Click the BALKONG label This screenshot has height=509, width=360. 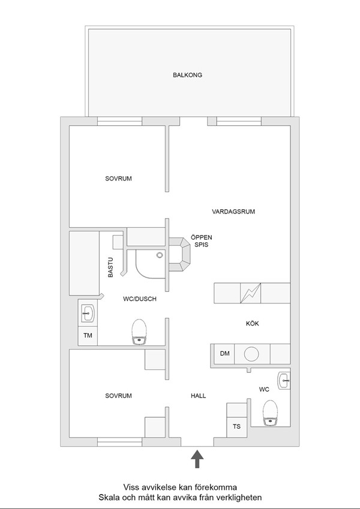point(187,75)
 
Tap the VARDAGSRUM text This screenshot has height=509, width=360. point(233,212)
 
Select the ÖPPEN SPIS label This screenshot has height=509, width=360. point(201,241)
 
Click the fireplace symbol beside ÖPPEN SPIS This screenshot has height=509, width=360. point(179,254)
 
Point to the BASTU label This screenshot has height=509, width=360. point(110,267)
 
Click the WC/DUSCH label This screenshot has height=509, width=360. point(140,299)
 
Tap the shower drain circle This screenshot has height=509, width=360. point(160,255)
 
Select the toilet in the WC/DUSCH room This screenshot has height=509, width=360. point(139,332)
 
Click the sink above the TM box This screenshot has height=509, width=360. point(88,314)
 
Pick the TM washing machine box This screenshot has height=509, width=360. point(88,336)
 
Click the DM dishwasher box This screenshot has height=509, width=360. point(224,354)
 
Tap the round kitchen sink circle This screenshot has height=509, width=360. point(251,354)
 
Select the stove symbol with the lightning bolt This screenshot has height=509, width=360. point(251,293)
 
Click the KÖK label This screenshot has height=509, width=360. point(253,324)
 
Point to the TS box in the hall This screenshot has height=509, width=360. point(236,426)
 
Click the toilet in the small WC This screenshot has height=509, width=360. point(271,413)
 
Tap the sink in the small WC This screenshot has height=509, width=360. point(284,381)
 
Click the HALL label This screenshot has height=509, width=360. point(198,396)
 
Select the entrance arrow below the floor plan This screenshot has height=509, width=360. point(197,459)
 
